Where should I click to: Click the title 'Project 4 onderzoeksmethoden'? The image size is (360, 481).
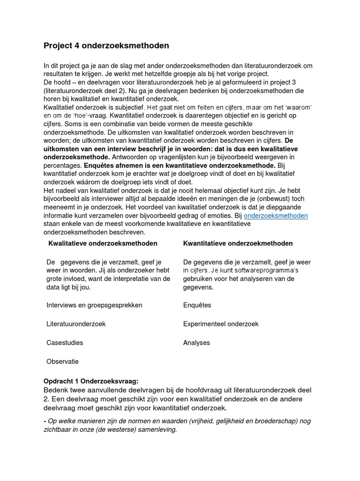(x=106, y=46)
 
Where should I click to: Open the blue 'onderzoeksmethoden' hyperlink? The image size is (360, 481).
(x=276, y=215)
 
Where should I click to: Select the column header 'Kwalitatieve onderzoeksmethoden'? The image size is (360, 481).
(x=103, y=243)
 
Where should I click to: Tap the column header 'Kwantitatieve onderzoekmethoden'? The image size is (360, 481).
(x=238, y=243)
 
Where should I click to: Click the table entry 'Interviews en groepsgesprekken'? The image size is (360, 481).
(x=94, y=305)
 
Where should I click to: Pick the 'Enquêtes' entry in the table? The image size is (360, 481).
(x=197, y=305)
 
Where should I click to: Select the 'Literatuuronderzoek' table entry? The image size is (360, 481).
(x=76, y=324)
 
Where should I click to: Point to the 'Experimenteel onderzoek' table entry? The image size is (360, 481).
(x=220, y=324)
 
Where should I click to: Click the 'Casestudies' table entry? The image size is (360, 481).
(x=65, y=342)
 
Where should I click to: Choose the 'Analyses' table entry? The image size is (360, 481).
(x=196, y=342)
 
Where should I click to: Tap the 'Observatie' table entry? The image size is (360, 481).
(x=62, y=361)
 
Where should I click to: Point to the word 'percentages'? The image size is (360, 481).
(x=62, y=166)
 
